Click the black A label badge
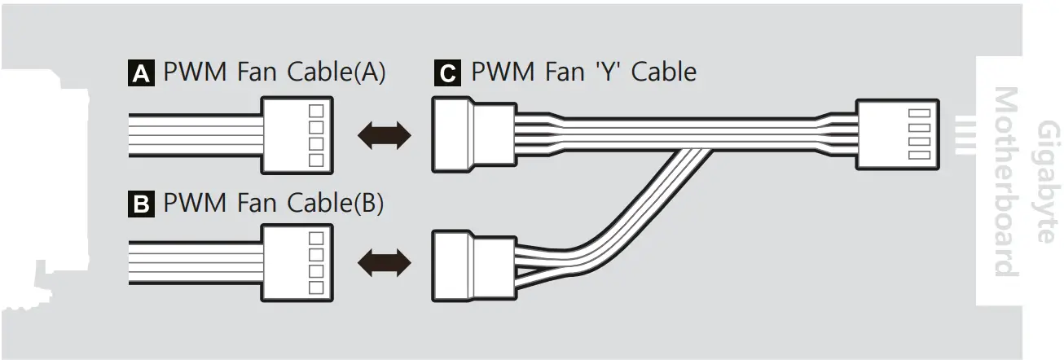141,74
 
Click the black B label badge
141,204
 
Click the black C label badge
447,74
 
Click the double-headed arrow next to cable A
384,135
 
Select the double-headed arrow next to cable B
384,262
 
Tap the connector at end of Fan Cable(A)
296,135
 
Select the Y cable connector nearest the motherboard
896,135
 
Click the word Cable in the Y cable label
664,72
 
